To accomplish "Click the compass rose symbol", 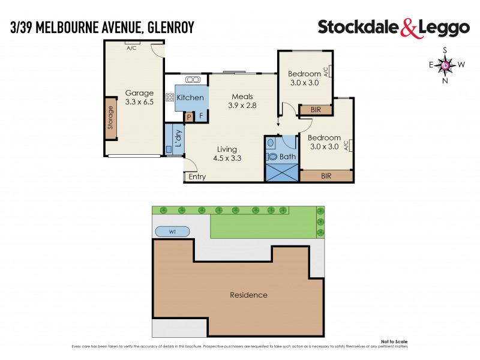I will tap(445, 65).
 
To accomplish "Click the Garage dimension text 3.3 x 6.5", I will tap(139, 103).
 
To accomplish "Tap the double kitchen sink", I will tap(193, 80).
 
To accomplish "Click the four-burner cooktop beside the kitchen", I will tap(170, 98).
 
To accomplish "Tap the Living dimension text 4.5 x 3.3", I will tap(227, 158).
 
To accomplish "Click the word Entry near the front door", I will tap(197, 177).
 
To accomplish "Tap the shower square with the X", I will tap(281, 172).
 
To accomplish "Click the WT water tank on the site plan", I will tap(172, 231).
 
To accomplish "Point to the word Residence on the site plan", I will tap(248, 295).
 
